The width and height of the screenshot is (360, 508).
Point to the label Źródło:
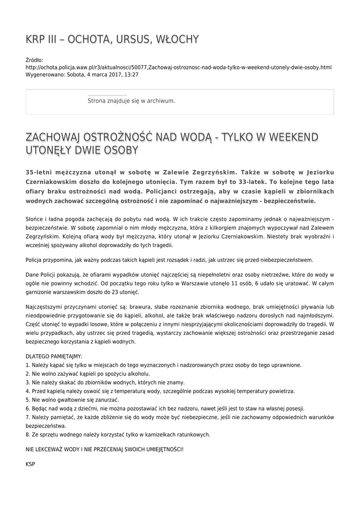tap(34, 60)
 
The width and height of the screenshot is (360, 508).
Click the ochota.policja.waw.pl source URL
tap(178, 67)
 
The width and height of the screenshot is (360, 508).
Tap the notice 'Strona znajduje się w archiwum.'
tap(131, 101)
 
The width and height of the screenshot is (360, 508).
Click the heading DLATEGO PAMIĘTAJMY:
tap(54, 356)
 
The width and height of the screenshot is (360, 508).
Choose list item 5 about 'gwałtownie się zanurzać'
tap(72, 400)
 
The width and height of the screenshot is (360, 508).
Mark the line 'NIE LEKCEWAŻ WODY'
tap(104, 449)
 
